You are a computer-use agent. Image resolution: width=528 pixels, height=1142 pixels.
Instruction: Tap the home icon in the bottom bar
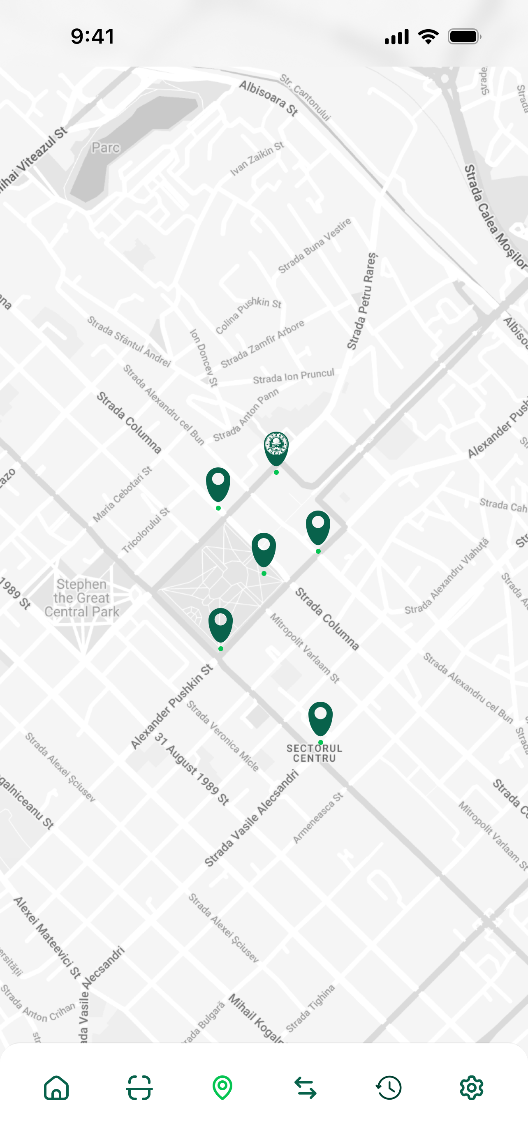click(56, 1087)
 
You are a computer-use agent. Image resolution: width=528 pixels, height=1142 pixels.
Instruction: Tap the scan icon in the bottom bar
click(140, 1087)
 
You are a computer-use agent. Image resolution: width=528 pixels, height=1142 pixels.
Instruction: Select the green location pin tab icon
click(222, 1087)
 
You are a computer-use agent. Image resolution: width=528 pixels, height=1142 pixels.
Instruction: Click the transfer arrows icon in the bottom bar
click(306, 1088)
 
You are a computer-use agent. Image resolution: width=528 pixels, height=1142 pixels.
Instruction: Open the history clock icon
click(389, 1087)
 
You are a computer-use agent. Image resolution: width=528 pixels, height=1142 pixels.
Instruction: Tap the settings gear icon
click(471, 1087)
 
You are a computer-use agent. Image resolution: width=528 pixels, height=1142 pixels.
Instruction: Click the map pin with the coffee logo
click(276, 448)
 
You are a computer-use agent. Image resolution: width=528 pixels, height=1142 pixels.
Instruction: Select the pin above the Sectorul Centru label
click(320, 718)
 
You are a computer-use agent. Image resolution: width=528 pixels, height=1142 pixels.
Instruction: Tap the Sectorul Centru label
click(314, 753)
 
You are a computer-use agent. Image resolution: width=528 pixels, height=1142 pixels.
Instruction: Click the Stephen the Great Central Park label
click(81, 598)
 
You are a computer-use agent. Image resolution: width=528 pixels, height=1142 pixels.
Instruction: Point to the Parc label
click(106, 148)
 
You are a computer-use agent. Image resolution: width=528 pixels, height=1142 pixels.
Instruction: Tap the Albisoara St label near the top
click(268, 98)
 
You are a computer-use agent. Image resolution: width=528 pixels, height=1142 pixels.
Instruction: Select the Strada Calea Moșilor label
click(495, 217)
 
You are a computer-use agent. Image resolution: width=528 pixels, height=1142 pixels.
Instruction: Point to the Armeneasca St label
click(318, 818)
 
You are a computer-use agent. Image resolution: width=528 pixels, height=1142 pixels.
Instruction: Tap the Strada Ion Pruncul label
click(294, 377)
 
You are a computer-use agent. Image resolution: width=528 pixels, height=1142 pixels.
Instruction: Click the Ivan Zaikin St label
click(257, 159)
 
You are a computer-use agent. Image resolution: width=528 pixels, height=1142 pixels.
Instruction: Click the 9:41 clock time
click(93, 36)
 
